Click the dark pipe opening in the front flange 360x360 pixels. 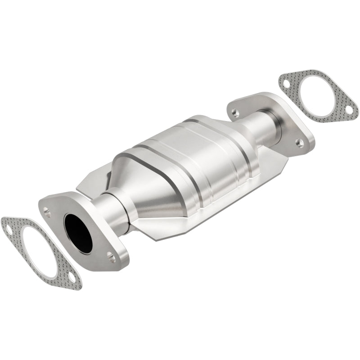pos(77,232)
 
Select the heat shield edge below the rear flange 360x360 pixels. pos(288,157)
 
